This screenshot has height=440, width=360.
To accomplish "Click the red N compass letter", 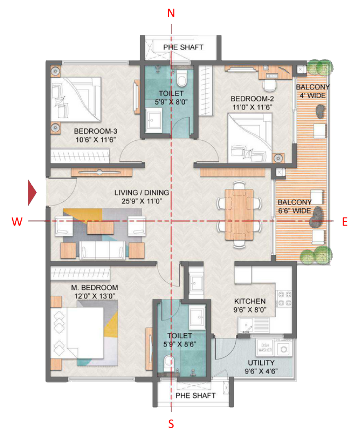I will tap(171, 13).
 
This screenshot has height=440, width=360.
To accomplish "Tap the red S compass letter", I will tap(171, 424).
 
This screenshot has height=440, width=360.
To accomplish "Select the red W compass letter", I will tap(17, 222).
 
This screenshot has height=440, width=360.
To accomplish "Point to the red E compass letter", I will tap(345, 222).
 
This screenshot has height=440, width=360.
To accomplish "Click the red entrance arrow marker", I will tap(32, 193).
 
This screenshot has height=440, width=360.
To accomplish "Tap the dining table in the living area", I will tap(239, 215).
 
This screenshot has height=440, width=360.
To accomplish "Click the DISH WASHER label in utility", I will tap(265, 348).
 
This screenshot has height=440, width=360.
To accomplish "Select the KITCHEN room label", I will tap(250, 301).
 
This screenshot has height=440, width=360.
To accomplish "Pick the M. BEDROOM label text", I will tap(94, 288).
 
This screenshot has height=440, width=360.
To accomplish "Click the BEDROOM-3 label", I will tap(95, 131).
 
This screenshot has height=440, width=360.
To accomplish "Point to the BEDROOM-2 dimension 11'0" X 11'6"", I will tap(252, 107).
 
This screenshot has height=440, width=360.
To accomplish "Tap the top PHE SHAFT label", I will tap(183, 47).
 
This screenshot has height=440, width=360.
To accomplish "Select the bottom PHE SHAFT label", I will tap(195, 395).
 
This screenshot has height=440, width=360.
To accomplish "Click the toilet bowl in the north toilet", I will tap(182, 79).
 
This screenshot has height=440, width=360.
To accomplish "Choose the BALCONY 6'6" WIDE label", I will tap(294, 206).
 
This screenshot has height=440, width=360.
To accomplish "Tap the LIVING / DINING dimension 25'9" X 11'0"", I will tap(142, 201).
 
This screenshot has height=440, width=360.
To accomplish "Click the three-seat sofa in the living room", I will tap(102, 250).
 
